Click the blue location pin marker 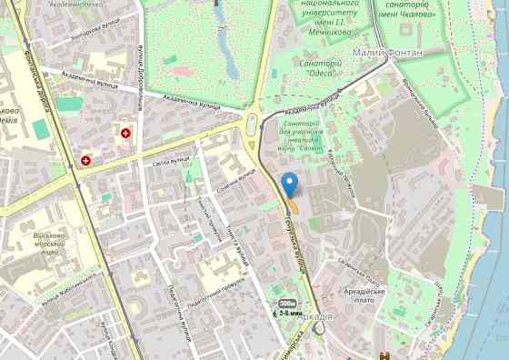[x=290, y=184]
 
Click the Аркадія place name [x=314, y=316]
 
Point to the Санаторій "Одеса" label [x=319, y=68]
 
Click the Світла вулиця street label [x=170, y=164]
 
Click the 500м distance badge [x=287, y=302]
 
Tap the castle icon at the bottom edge [x=385, y=355]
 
